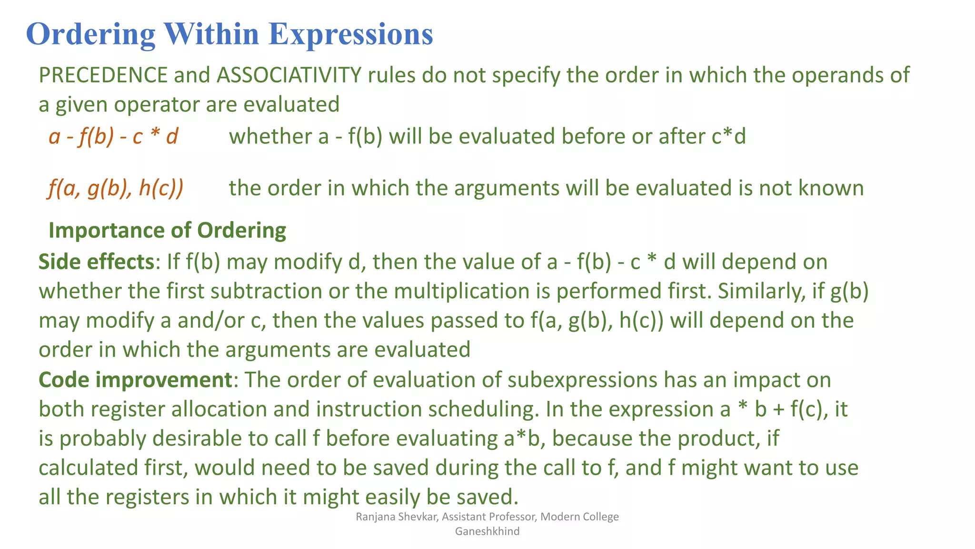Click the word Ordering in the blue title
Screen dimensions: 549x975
point(90,34)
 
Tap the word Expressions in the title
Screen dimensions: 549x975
point(350,34)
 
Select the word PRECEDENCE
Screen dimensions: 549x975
point(103,75)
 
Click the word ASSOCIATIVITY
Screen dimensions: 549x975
point(289,75)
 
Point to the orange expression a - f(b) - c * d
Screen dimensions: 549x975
point(113,137)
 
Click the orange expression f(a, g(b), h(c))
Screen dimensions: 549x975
point(115,188)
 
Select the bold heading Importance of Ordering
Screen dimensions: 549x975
point(167,231)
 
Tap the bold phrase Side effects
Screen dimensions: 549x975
point(96,262)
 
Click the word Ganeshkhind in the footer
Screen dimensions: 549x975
point(487,531)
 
